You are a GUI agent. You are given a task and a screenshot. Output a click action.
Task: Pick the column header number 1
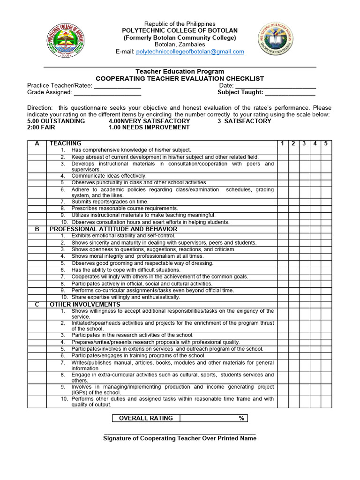point(283,143)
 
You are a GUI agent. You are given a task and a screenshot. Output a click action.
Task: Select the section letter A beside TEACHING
point(37,143)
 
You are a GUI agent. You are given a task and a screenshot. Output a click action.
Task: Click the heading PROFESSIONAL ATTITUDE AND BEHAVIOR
point(114,229)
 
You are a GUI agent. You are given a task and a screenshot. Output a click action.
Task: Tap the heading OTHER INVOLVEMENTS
point(85,305)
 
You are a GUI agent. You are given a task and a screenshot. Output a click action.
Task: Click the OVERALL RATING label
point(146,418)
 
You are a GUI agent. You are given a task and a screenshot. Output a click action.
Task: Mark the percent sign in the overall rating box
point(241,418)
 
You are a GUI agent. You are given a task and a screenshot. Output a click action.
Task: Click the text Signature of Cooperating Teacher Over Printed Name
point(180,438)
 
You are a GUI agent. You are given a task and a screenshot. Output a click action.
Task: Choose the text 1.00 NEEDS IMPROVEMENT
point(149,127)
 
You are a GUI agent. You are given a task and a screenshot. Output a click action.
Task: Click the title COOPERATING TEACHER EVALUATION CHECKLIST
point(180,79)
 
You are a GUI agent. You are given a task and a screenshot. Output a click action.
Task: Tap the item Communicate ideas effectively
point(109,176)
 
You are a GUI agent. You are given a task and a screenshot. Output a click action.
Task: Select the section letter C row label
point(37,305)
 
